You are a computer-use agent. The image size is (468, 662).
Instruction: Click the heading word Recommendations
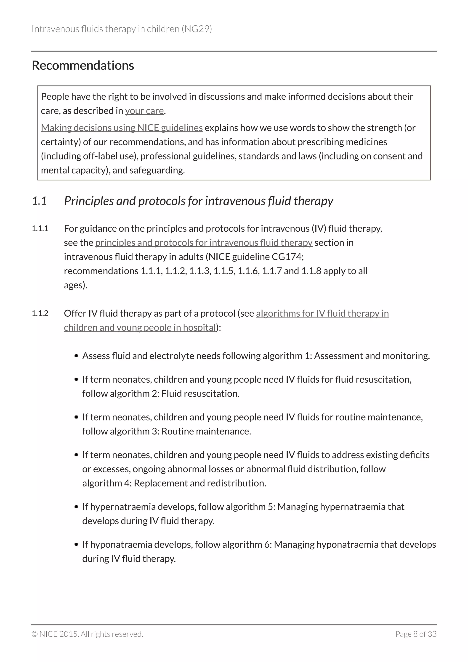click(x=83, y=66)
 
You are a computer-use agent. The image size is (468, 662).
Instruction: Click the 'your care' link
click(x=144, y=111)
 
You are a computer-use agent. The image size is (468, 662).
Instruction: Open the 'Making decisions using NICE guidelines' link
click(x=122, y=128)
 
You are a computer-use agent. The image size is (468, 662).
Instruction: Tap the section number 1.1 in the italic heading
click(x=39, y=201)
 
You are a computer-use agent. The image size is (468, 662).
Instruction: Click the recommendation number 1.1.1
click(x=40, y=229)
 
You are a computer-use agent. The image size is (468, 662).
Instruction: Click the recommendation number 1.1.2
click(x=40, y=313)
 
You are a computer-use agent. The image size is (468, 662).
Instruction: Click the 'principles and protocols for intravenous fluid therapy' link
click(x=204, y=243)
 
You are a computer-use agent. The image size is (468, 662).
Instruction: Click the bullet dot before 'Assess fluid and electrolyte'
click(x=76, y=356)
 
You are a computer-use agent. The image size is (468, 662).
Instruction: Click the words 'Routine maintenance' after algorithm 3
click(x=206, y=431)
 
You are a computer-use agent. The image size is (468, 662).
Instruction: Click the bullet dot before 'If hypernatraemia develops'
click(x=76, y=507)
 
